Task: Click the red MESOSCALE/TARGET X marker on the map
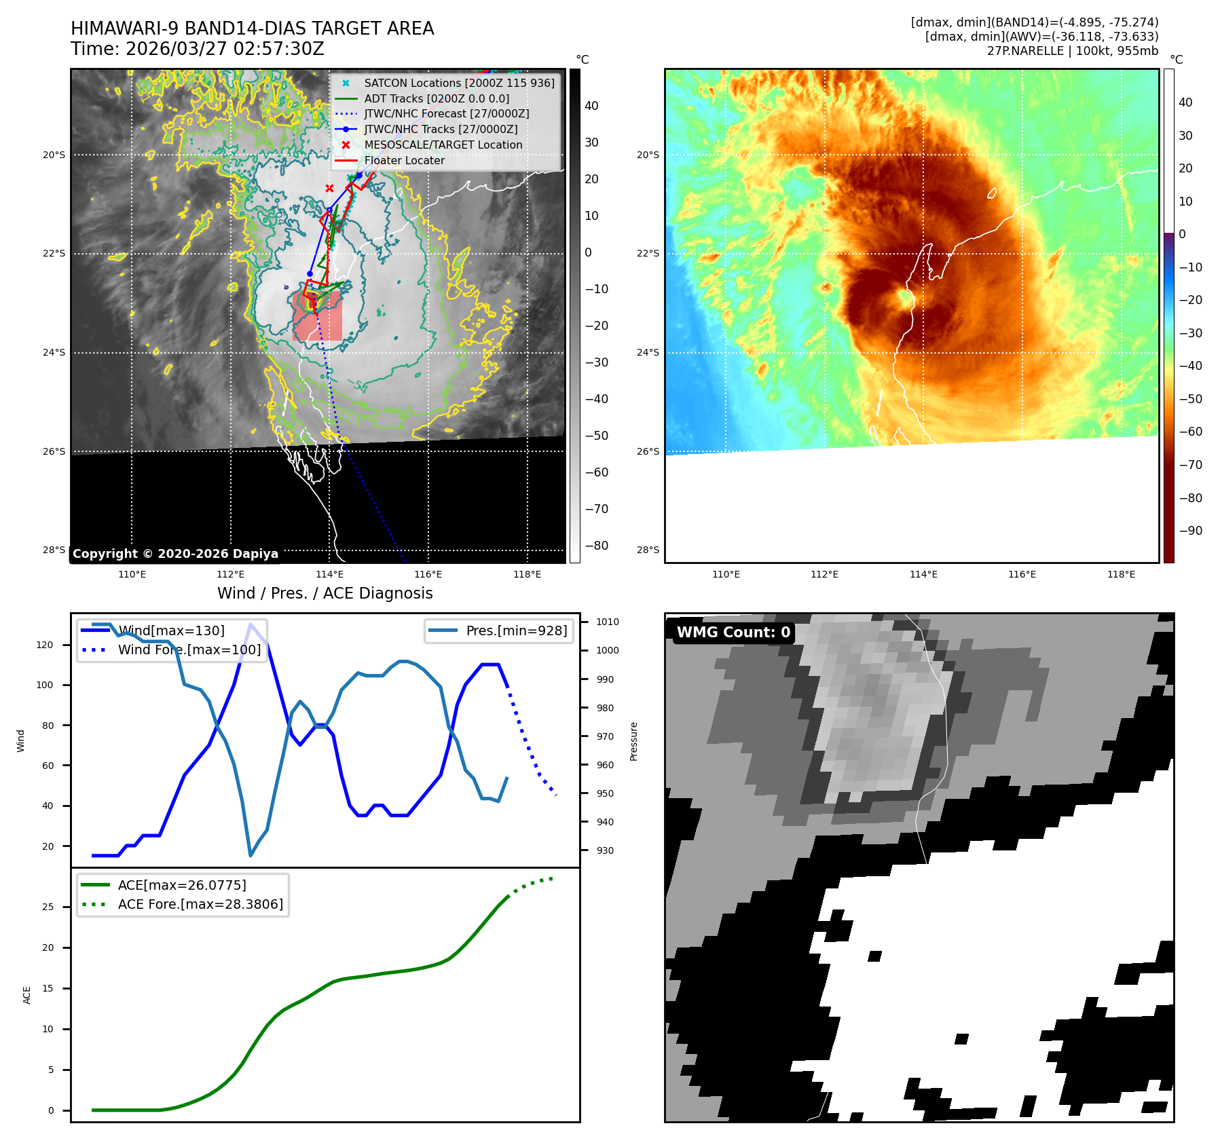coord(329,188)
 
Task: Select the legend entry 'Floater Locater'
coord(404,160)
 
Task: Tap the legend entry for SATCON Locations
coord(459,83)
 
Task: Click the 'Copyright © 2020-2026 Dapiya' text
coord(175,554)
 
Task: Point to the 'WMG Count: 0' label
coord(733,632)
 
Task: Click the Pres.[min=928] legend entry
coord(516,631)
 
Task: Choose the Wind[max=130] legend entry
coord(170,631)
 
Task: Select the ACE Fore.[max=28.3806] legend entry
coord(200,904)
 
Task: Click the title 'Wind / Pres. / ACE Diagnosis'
coord(325,593)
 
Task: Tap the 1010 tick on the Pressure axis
coord(608,622)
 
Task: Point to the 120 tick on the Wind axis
coord(45,645)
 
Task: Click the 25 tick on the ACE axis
coord(48,907)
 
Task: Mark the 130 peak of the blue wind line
coord(251,624)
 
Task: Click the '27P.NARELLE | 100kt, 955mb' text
coord(1072,51)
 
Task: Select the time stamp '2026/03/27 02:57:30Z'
coord(225,50)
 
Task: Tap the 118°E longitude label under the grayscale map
coord(527,574)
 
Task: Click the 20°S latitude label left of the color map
coord(648,155)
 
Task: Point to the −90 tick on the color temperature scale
coord(1190,531)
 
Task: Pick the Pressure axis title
coord(633,741)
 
